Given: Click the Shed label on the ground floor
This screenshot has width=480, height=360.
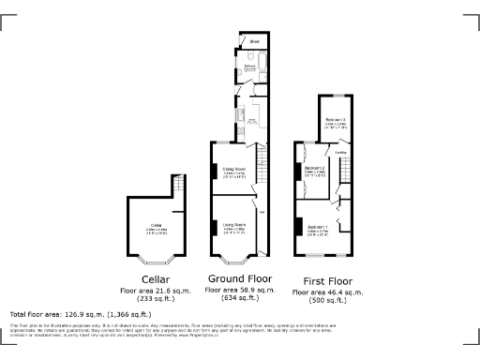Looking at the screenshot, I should pos(254,42).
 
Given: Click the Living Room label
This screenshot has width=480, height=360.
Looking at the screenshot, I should pos(234,225).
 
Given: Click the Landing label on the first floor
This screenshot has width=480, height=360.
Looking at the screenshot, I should pos(342,152).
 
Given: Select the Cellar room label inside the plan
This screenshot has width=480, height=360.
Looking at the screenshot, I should pos(157,225).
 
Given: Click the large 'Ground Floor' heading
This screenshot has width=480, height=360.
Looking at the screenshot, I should pos(239,279).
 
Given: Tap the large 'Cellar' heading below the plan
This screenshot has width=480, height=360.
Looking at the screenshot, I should pos(156,279).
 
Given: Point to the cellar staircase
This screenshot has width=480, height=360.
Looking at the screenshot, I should pos(174,212).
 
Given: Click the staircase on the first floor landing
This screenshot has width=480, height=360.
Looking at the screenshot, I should pos(344,172).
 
